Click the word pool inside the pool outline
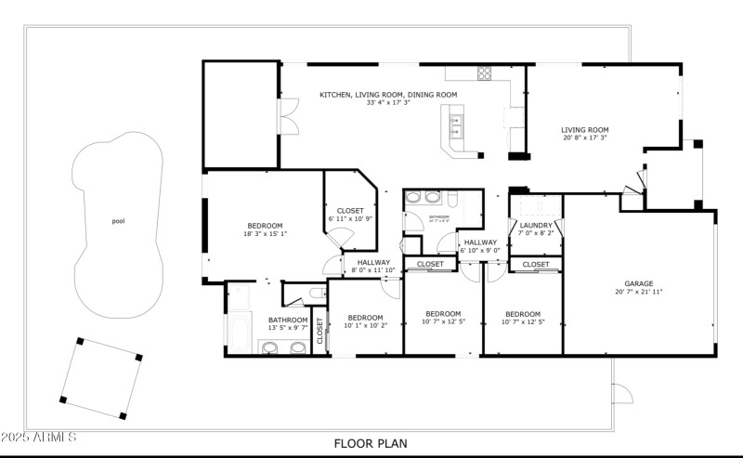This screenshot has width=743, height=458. click(x=118, y=221)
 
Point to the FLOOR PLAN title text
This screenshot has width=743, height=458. click(x=370, y=444)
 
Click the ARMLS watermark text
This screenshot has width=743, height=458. click(x=39, y=437)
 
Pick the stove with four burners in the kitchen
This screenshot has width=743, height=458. click(x=484, y=72)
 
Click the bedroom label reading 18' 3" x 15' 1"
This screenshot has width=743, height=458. click(x=265, y=229)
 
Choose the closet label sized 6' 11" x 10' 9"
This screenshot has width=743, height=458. click(x=350, y=215)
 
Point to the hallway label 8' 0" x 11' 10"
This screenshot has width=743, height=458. click(x=374, y=266)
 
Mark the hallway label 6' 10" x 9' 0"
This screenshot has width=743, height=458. click(x=480, y=245)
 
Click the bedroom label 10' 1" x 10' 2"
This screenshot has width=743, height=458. click(x=365, y=321)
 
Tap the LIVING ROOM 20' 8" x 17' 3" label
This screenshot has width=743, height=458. click(x=584, y=134)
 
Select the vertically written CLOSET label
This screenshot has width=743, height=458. click(x=320, y=330)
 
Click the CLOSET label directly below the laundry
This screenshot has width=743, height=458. click(x=536, y=265)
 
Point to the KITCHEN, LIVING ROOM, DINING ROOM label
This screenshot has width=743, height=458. click(x=388, y=98)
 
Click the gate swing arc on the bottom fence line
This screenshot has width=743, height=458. click(x=622, y=394)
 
